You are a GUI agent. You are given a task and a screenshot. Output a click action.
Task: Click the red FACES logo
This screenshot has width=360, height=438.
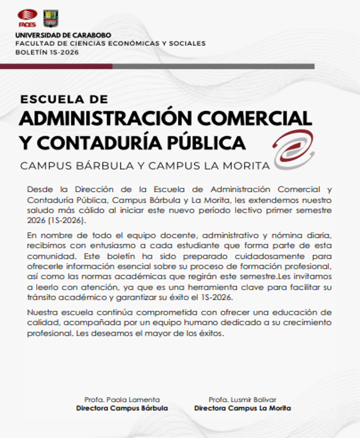tap(27, 18)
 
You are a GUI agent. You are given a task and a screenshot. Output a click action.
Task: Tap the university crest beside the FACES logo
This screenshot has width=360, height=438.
tap(51, 18)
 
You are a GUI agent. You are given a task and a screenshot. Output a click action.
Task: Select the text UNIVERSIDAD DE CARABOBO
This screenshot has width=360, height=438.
tap(63, 35)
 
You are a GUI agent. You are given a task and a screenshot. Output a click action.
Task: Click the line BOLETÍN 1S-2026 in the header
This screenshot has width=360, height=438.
tap(47, 52)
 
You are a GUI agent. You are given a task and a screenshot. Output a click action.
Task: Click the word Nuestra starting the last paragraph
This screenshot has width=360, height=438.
tap(43, 313)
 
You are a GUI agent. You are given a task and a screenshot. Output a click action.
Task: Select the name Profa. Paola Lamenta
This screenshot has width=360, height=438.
tap(122, 399)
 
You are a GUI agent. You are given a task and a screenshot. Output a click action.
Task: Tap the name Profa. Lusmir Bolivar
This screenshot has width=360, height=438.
tap(242, 399)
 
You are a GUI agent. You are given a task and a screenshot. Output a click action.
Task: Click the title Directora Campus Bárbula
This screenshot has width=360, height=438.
tap(122, 408)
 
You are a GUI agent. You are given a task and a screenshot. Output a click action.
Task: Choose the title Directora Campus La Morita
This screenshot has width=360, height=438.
tap(242, 408)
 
